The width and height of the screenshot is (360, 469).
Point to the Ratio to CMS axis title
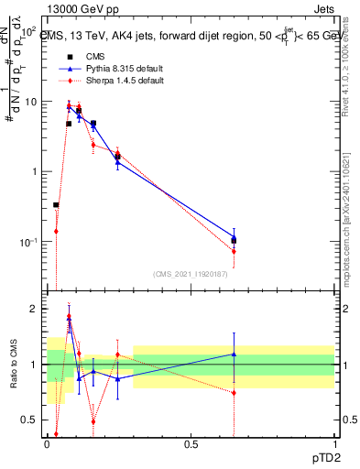click(14, 365)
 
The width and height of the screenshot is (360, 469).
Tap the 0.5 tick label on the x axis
click(191, 443)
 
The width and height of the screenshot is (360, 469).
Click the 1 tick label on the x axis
click(334, 443)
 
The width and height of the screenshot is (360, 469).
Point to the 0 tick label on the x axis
click(48, 443)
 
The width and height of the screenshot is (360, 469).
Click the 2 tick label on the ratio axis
click(33, 310)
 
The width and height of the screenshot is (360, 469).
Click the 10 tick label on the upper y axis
click(30, 102)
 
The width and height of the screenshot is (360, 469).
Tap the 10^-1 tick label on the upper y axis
click(28, 243)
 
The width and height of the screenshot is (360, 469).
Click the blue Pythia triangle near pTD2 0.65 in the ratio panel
click(235, 354)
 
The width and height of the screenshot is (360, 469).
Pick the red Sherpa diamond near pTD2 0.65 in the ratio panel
click(235, 393)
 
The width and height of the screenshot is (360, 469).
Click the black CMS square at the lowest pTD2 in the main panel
click(56, 205)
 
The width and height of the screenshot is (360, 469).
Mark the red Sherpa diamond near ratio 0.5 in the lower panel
click(93, 422)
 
